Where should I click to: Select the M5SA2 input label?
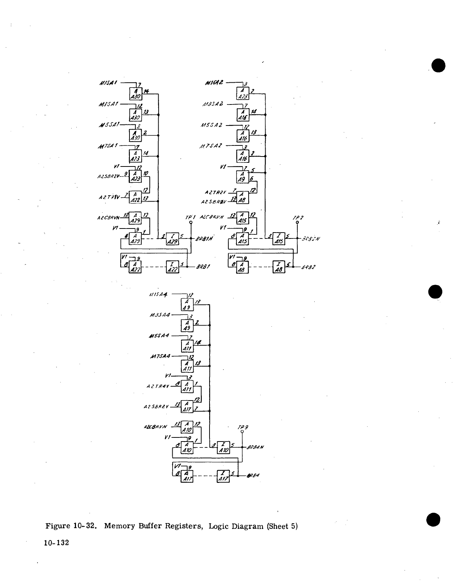[x=211, y=125]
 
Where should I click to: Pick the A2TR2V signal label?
[x=214, y=192]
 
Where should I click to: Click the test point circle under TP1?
[x=191, y=223]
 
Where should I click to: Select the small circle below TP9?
[x=242, y=431]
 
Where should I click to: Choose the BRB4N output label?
[x=255, y=447]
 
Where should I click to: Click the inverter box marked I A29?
[x=173, y=238]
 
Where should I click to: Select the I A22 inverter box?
[x=172, y=267]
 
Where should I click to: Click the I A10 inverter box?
[x=224, y=447]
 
